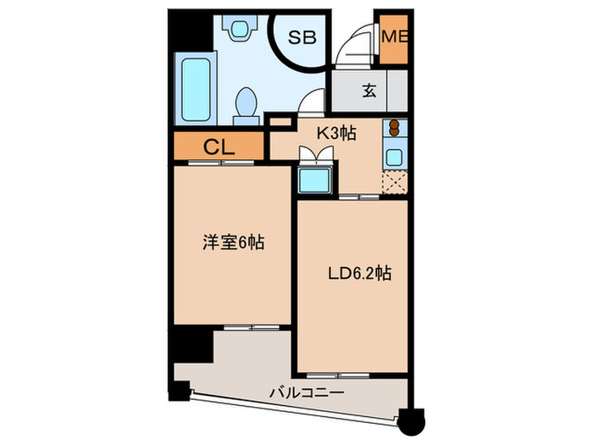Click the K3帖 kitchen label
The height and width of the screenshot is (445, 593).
point(335,132)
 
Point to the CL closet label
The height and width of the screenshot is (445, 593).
point(218,147)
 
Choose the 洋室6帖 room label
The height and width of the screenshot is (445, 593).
point(233,243)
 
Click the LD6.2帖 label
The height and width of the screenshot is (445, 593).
point(359,274)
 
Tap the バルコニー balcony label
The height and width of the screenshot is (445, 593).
point(306,392)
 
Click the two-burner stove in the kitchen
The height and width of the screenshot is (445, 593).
point(394,129)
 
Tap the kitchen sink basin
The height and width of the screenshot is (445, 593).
point(394,157)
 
